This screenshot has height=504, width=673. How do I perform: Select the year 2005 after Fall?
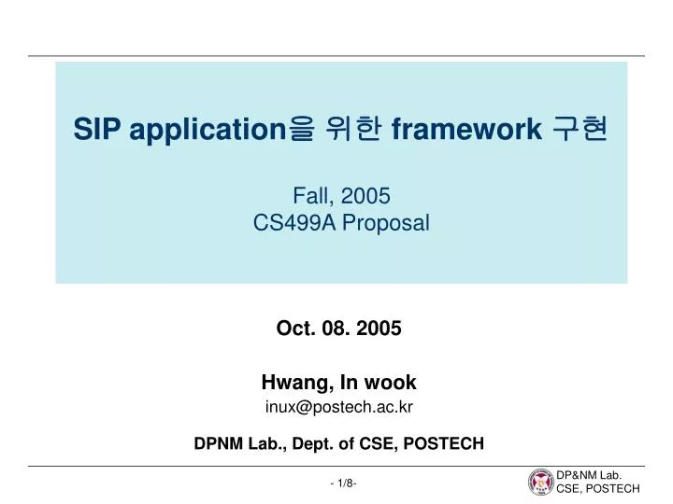pos(365,195)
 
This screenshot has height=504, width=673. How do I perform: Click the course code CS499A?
pos(294,223)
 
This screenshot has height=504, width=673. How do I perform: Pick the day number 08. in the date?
pos(336,328)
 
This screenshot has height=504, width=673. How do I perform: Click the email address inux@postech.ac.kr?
pos(338,406)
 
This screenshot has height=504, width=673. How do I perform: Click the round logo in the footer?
pos(540,482)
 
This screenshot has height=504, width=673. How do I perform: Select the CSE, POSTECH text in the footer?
pos(598,489)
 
